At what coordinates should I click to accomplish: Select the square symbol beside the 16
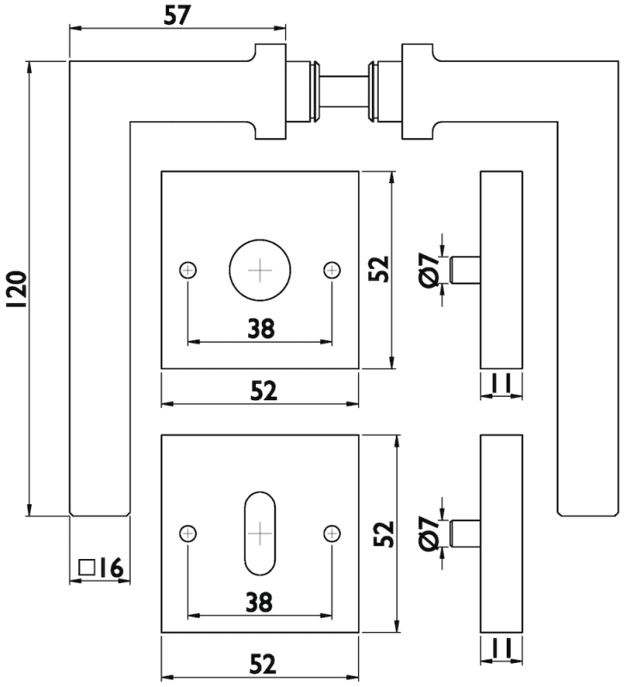coord(85,567)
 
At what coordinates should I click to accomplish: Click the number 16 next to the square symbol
coord(112,568)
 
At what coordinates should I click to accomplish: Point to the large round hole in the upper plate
coord(259,271)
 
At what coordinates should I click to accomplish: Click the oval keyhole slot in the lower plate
coord(259,533)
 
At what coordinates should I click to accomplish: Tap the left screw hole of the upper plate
coord(188,271)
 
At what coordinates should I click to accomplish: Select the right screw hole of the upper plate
coord(332,271)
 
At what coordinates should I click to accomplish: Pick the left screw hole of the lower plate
coord(188,533)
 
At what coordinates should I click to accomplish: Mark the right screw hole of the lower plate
coord(332,533)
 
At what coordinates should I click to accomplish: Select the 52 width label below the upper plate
coord(263,391)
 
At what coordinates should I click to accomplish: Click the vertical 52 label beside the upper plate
coord(381,270)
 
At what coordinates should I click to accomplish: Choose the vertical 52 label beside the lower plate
coord(384,533)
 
